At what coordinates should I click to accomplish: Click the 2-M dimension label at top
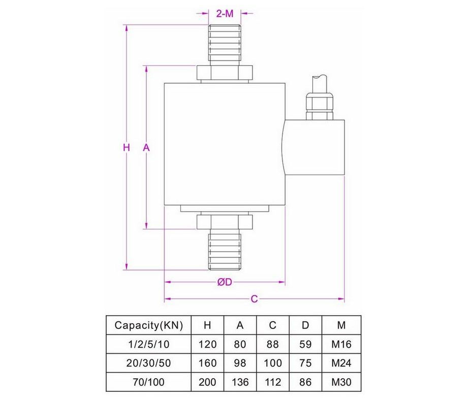pos(225,14)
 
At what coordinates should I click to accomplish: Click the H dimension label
pos(127,148)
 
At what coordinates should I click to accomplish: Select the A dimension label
pos(146,148)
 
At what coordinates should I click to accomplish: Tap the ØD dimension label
pos(224,283)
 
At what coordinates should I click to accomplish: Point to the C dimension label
pos(255,299)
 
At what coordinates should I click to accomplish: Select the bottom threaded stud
pos(224,250)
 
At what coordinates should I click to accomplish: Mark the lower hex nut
pos(224,222)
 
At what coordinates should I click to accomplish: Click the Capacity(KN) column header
pos(148,325)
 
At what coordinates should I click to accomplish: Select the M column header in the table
pos(341,325)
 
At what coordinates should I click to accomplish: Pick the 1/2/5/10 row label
pos(148,344)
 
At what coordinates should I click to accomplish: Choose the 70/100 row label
pos(148,382)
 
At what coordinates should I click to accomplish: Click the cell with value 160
pos(207,363)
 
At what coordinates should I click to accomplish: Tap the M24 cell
pos(341,363)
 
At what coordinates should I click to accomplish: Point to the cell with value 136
pos(240,382)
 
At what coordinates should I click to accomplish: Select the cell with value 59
pos(305,344)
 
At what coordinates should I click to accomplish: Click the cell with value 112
pos(273,382)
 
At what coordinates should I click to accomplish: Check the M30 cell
pos(341,382)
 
